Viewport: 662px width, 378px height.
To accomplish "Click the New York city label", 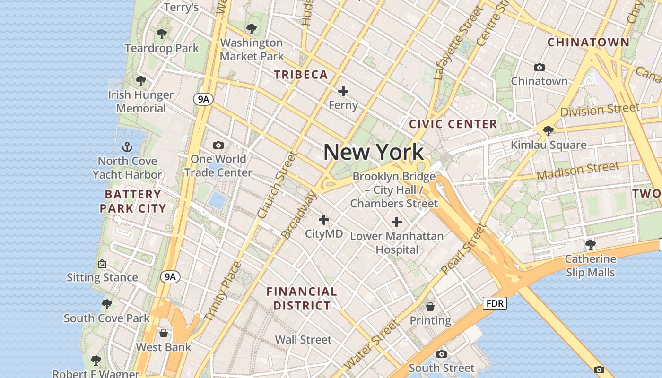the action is click(374, 152).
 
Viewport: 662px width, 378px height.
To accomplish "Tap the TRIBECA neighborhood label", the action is click(301, 75).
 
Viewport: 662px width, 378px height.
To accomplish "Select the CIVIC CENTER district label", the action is click(453, 124).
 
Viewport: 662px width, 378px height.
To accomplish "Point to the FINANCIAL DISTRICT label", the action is click(302, 298).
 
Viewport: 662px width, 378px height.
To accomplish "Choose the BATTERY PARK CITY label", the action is click(133, 201).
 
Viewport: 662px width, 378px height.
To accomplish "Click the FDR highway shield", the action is click(495, 303).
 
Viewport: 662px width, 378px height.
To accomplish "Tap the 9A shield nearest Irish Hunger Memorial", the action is click(203, 99).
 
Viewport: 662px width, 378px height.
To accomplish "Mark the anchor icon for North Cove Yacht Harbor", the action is click(127, 146).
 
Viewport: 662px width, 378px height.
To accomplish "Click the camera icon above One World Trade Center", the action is click(218, 145).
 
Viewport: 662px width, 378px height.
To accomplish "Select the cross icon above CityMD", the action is click(324, 220).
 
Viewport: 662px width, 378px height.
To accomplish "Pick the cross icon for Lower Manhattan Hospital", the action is click(397, 222).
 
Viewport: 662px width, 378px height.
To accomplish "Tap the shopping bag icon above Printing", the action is click(430, 307).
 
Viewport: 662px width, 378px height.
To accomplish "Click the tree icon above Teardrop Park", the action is click(162, 34).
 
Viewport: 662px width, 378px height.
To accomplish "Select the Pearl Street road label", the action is click(463, 249).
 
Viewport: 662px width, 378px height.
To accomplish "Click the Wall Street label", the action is click(303, 340).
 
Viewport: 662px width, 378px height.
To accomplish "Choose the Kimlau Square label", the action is click(549, 145).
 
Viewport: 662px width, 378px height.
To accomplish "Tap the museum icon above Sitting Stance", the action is click(102, 264).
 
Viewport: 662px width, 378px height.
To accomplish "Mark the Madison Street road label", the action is click(578, 170).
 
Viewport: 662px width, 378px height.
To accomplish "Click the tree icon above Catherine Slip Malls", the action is click(590, 245).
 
